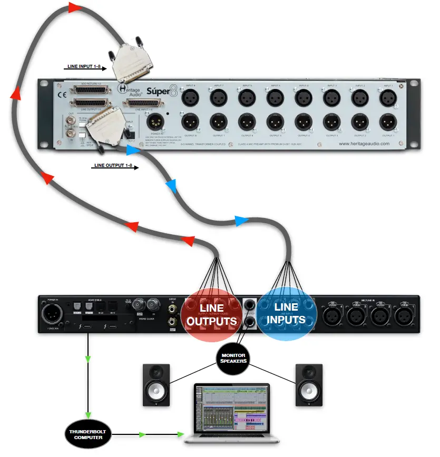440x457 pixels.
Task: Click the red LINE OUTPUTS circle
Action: tap(211, 313)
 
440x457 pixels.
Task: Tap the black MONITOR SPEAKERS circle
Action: tap(233, 359)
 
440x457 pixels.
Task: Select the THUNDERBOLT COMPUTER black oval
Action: tap(85, 434)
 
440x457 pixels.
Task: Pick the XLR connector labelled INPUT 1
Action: tap(387, 97)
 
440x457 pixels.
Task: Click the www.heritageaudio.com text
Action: tap(364, 143)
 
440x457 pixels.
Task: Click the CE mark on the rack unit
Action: tap(60, 96)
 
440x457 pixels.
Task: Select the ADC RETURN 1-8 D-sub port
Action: tap(90, 90)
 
